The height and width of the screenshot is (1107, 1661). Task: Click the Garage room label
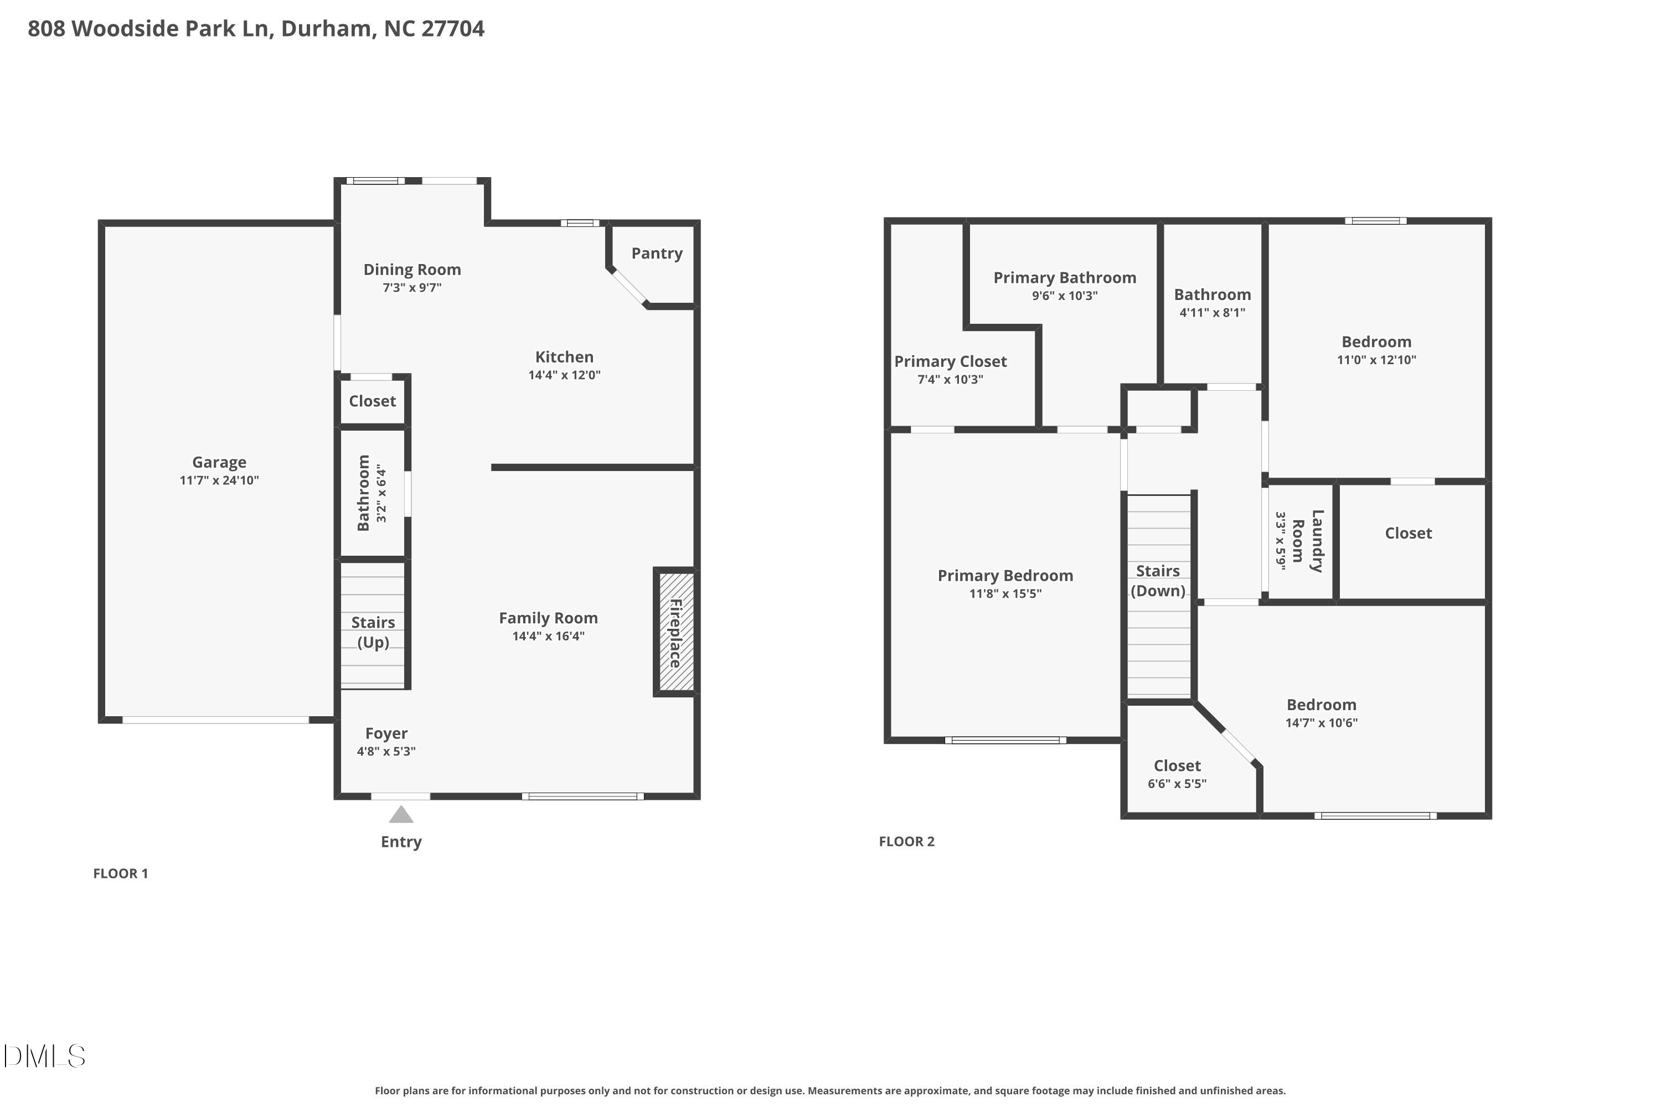coord(219,462)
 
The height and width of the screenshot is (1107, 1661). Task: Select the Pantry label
coord(657,254)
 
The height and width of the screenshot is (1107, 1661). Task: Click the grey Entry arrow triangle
coord(401,815)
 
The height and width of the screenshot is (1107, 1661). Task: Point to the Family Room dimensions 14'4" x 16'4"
coord(548,636)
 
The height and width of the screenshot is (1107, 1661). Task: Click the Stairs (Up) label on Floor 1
coord(373,632)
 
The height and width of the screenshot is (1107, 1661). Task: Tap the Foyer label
coord(386,733)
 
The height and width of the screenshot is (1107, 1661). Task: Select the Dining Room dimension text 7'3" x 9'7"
coord(412,287)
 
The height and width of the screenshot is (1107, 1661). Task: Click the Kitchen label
coord(564,357)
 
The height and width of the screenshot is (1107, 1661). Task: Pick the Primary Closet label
coord(950,361)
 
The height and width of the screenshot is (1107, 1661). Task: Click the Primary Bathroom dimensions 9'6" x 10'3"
coord(1064,296)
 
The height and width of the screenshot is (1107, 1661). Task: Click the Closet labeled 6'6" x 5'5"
coord(1177,766)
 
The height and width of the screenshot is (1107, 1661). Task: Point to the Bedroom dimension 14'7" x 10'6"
coord(1320,723)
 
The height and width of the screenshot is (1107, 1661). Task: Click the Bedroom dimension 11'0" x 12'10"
coord(1376,360)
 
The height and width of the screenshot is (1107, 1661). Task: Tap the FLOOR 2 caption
coord(906,841)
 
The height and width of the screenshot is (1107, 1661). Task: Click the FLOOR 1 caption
coord(121,873)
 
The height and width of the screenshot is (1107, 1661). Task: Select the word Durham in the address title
coord(327,28)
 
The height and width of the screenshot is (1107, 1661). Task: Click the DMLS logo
coord(44,1056)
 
